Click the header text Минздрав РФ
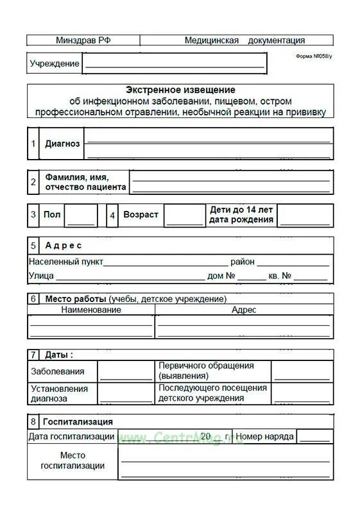point(83,40)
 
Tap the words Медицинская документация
point(244,40)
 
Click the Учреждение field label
point(55,63)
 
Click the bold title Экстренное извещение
point(180,90)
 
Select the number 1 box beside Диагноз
point(33,144)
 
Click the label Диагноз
point(62,144)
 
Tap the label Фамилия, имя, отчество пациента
point(85,181)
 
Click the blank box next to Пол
point(81,215)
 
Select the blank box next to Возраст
point(184,215)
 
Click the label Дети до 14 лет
point(241,210)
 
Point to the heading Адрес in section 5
point(64,245)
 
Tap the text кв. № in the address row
point(280,276)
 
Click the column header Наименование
point(90,310)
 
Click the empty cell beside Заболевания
point(126,371)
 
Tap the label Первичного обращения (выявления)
point(206,371)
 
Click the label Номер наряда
point(264,436)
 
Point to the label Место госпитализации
point(73,460)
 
